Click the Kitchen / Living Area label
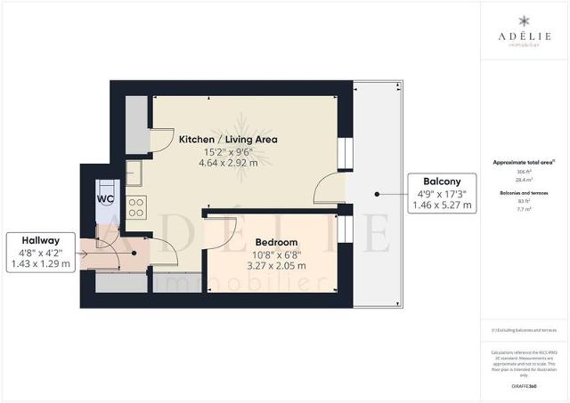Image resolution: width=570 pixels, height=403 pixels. [x=228, y=140]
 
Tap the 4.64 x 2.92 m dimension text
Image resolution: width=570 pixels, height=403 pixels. [x=228, y=164]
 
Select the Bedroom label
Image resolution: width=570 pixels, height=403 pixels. [x=276, y=242]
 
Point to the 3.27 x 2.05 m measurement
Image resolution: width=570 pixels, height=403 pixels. [x=276, y=265]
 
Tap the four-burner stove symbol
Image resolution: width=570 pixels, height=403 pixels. [x=138, y=209]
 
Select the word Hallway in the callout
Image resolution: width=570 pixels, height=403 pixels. [x=41, y=239]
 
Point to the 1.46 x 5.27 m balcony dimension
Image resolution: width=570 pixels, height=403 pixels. [x=442, y=205]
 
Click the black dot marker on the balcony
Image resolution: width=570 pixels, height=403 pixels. [x=377, y=193]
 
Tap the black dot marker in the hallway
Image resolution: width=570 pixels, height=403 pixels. [x=134, y=253]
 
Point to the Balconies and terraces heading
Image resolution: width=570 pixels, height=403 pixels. [x=524, y=192]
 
